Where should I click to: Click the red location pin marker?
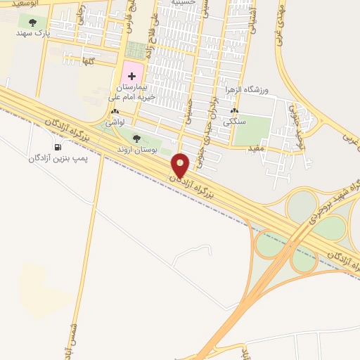coord(180,165)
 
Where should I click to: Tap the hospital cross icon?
coord(132,75)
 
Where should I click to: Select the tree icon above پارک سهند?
coord(32,22)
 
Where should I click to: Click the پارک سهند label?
coord(34,32)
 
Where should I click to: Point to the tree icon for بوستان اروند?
coord(136,138)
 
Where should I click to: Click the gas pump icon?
coord(58,147)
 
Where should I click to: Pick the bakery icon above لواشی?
coord(115,112)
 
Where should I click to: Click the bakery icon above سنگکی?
coord(234,111)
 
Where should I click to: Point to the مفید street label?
coord(255,148)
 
